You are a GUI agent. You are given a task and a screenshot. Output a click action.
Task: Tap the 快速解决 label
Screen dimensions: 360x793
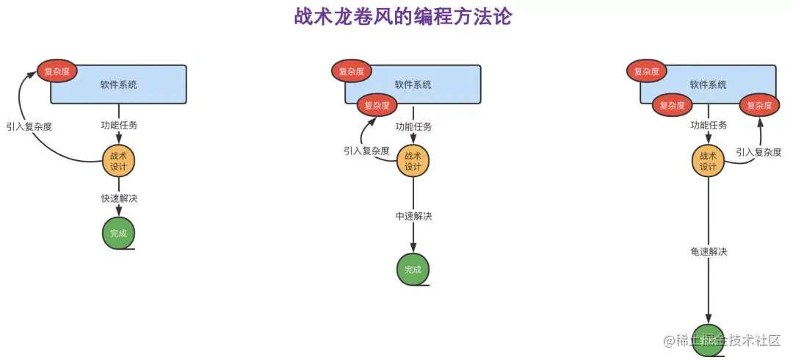pyautogui.click(x=119, y=198)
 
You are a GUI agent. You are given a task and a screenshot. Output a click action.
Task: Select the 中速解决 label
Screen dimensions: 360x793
pyautogui.click(x=413, y=216)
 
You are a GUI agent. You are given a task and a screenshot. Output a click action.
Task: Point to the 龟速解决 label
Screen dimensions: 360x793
pyautogui.click(x=709, y=252)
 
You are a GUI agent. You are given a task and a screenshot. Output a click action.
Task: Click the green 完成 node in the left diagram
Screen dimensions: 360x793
pyautogui.click(x=118, y=234)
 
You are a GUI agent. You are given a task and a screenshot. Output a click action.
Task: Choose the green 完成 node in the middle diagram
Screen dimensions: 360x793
pyautogui.click(x=413, y=270)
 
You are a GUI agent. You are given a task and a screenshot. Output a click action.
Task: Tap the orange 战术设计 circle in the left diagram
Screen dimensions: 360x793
pyautogui.click(x=118, y=161)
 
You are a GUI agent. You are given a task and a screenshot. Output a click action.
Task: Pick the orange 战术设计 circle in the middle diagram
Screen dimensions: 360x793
pyautogui.click(x=413, y=161)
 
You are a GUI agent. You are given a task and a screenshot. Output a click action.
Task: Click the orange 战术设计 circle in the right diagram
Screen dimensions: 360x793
pyautogui.click(x=708, y=161)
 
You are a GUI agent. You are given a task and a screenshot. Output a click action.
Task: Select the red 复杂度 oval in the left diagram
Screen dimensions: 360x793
pyautogui.click(x=57, y=71)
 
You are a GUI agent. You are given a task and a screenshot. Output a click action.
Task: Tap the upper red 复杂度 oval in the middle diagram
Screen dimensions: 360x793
pyautogui.click(x=352, y=71)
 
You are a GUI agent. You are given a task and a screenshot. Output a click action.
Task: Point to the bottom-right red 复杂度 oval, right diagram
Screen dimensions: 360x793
pyautogui.click(x=759, y=105)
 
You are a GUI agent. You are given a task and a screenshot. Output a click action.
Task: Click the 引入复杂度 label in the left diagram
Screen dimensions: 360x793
pyautogui.click(x=29, y=126)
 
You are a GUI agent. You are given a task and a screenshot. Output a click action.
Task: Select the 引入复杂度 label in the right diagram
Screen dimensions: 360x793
pyautogui.click(x=758, y=152)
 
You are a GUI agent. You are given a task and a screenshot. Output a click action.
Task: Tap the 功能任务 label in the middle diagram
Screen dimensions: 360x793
pyautogui.click(x=413, y=126)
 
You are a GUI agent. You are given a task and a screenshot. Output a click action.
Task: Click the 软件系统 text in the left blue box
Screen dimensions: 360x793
pyautogui.click(x=119, y=84)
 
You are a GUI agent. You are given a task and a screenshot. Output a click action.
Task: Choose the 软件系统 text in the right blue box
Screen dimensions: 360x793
pyautogui.click(x=709, y=85)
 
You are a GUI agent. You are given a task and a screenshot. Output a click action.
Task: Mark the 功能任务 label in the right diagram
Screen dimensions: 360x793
pyautogui.click(x=709, y=126)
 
